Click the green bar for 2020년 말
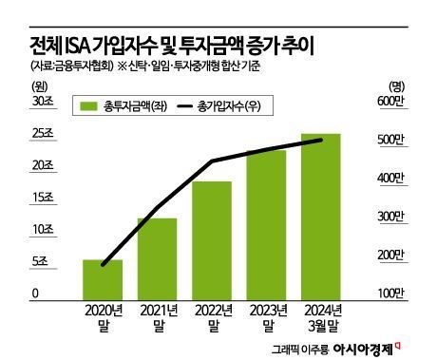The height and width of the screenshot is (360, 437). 103,278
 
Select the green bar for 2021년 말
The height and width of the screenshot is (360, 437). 157,257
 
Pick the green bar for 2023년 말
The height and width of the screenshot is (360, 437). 267,223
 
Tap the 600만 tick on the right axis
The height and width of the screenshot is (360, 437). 392,102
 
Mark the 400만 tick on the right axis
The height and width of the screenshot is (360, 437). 392,179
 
